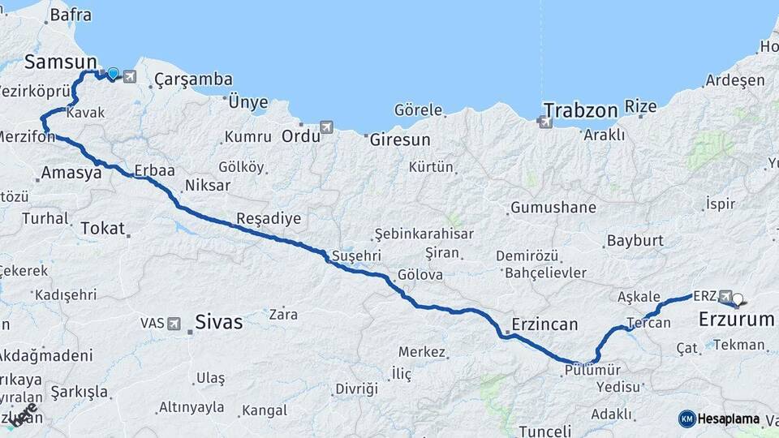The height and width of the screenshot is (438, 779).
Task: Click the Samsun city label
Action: coord(61,62)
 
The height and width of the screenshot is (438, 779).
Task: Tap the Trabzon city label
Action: coord(581,109)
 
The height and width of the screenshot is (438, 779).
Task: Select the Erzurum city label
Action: coord(737,320)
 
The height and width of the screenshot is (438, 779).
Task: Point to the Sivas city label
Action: coord(218,322)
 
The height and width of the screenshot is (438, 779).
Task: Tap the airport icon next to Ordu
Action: coord(326,127)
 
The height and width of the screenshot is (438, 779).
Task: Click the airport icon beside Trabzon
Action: coord(544,122)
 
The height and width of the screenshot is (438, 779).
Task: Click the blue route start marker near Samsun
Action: coord(113,74)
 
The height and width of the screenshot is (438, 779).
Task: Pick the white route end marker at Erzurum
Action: coord(738,299)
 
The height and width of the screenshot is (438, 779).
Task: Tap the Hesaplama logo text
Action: coord(729,419)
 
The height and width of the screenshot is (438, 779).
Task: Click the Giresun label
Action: coord(400,140)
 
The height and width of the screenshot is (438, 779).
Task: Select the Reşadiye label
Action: coord(269,218)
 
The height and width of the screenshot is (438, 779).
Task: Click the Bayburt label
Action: coord(635,241)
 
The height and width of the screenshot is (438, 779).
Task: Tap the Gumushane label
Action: coord(553,208)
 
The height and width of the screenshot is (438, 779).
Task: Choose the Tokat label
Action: coord(102,229)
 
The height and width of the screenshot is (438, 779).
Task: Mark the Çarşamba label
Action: coord(193,79)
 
